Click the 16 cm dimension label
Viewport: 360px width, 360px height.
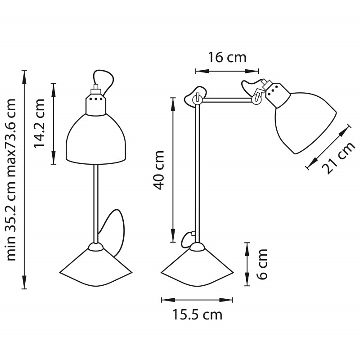(227, 58)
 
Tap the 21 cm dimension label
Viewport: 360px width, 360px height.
(338, 158)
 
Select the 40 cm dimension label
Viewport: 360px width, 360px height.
(159, 170)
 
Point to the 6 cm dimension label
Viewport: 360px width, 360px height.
(262, 264)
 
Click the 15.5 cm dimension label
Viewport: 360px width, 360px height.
(198, 315)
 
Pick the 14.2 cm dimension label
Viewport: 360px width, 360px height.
(39, 123)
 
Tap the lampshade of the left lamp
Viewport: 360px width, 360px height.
(96, 139)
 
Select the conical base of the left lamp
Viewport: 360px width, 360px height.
(96, 267)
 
